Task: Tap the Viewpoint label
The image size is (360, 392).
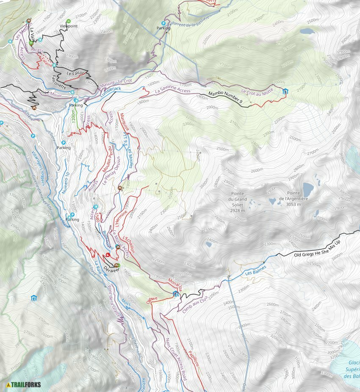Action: (68, 26)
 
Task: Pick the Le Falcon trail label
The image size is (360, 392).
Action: (76, 73)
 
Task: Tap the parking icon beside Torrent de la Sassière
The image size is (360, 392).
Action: (164, 23)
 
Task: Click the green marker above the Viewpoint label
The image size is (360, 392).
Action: (69, 21)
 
